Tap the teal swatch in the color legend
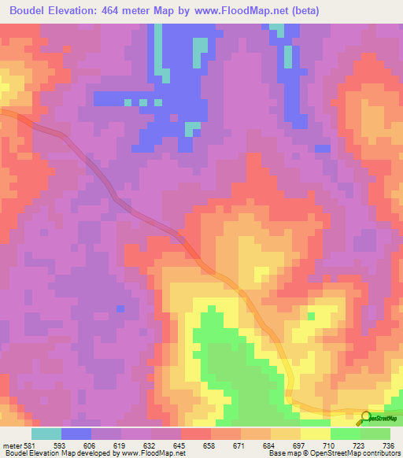[46, 434]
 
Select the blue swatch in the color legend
[76, 434]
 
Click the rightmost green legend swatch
[375, 434]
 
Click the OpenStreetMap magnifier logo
[367, 417]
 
